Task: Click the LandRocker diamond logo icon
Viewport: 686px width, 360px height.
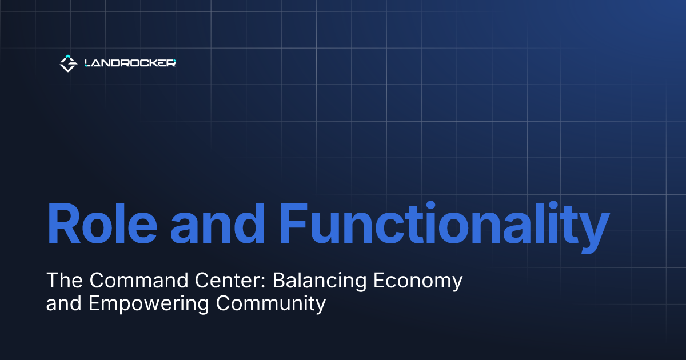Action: [68, 63]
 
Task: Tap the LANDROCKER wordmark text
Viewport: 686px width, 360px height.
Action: [130, 63]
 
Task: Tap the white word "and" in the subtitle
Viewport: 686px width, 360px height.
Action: [65, 303]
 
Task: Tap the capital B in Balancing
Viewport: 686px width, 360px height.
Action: [278, 281]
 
